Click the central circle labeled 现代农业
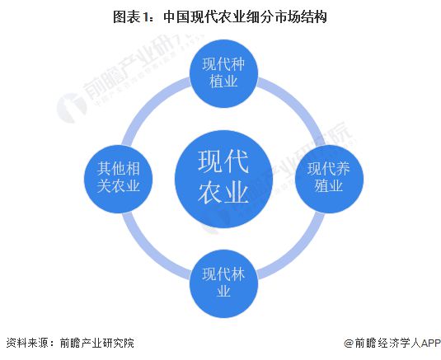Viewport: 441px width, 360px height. tap(223, 179)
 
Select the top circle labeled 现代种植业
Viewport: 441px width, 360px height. tap(223, 74)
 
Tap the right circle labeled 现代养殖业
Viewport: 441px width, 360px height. tap(329, 179)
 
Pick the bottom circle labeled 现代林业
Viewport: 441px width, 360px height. tap(223, 284)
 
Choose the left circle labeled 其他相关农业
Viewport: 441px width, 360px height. tap(119, 179)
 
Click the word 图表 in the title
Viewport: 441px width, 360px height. tap(127, 16)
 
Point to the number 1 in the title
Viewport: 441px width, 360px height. tap(145, 17)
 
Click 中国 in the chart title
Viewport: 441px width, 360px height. tap(176, 16)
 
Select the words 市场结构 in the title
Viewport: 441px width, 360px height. tap(299, 16)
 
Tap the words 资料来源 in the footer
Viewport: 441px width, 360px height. tap(26, 343)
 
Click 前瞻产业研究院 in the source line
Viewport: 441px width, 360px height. tap(97, 343)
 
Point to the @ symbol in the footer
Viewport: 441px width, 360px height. tap(349, 344)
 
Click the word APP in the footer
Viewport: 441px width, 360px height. tap(430, 343)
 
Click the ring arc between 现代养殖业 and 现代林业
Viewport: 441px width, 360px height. tap(296, 251)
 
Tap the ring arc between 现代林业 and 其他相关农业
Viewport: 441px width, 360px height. tap(151, 251)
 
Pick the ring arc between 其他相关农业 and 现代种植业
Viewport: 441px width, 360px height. tap(152, 106)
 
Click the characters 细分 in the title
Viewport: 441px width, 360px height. tap(260, 16)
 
